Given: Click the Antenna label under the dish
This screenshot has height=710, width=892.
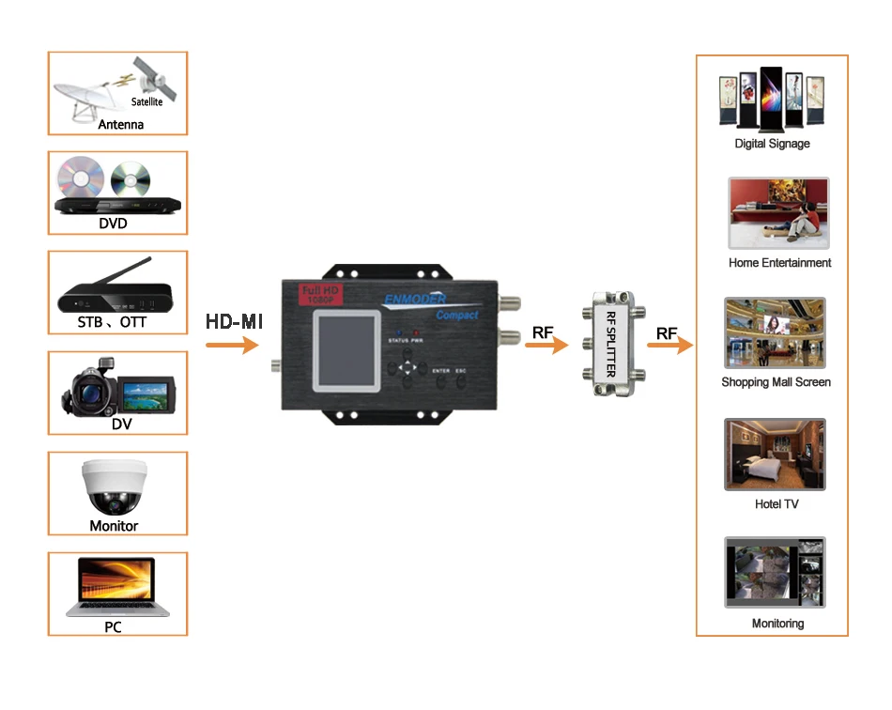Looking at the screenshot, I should (121, 124).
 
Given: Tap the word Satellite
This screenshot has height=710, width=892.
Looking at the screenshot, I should (146, 101).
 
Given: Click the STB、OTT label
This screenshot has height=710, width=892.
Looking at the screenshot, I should (114, 323).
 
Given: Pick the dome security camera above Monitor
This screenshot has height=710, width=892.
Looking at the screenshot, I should (114, 486).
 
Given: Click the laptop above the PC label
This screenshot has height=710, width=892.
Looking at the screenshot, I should (117, 588).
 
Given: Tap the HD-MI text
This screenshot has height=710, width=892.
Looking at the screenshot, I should (234, 322).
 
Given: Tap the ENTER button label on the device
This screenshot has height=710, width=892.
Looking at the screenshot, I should (441, 371).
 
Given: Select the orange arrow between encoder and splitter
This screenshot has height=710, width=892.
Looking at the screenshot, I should (546, 346).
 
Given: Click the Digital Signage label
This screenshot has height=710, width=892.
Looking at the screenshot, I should (772, 144).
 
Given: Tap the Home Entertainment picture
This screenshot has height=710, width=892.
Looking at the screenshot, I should (778, 213).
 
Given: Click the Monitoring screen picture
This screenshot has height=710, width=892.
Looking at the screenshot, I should (775, 572).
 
